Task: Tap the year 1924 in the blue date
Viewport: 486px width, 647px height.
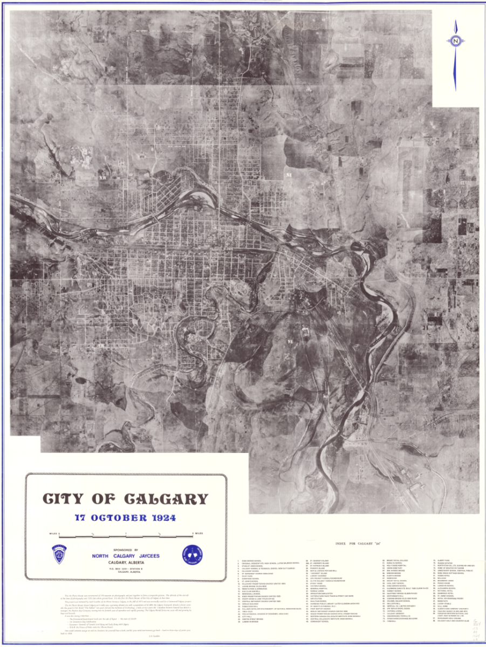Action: pyautogui.click(x=162, y=518)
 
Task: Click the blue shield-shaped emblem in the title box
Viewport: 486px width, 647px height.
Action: pyautogui.click(x=59, y=554)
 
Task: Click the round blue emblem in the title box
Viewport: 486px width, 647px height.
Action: pyautogui.click(x=193, y=555)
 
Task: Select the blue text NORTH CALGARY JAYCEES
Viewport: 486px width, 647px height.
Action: pyautogui.click(x=126, y=556)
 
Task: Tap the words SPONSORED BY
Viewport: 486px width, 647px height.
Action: pyautogui.click(x=126, y=550)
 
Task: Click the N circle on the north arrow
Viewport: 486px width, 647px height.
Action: pyautogui.click(x=456, y=41)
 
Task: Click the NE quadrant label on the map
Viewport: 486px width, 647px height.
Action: pyautogui.click(x=289, y=175)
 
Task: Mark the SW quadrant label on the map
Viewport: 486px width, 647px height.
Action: pyautogui.click(x=100, y=345)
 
